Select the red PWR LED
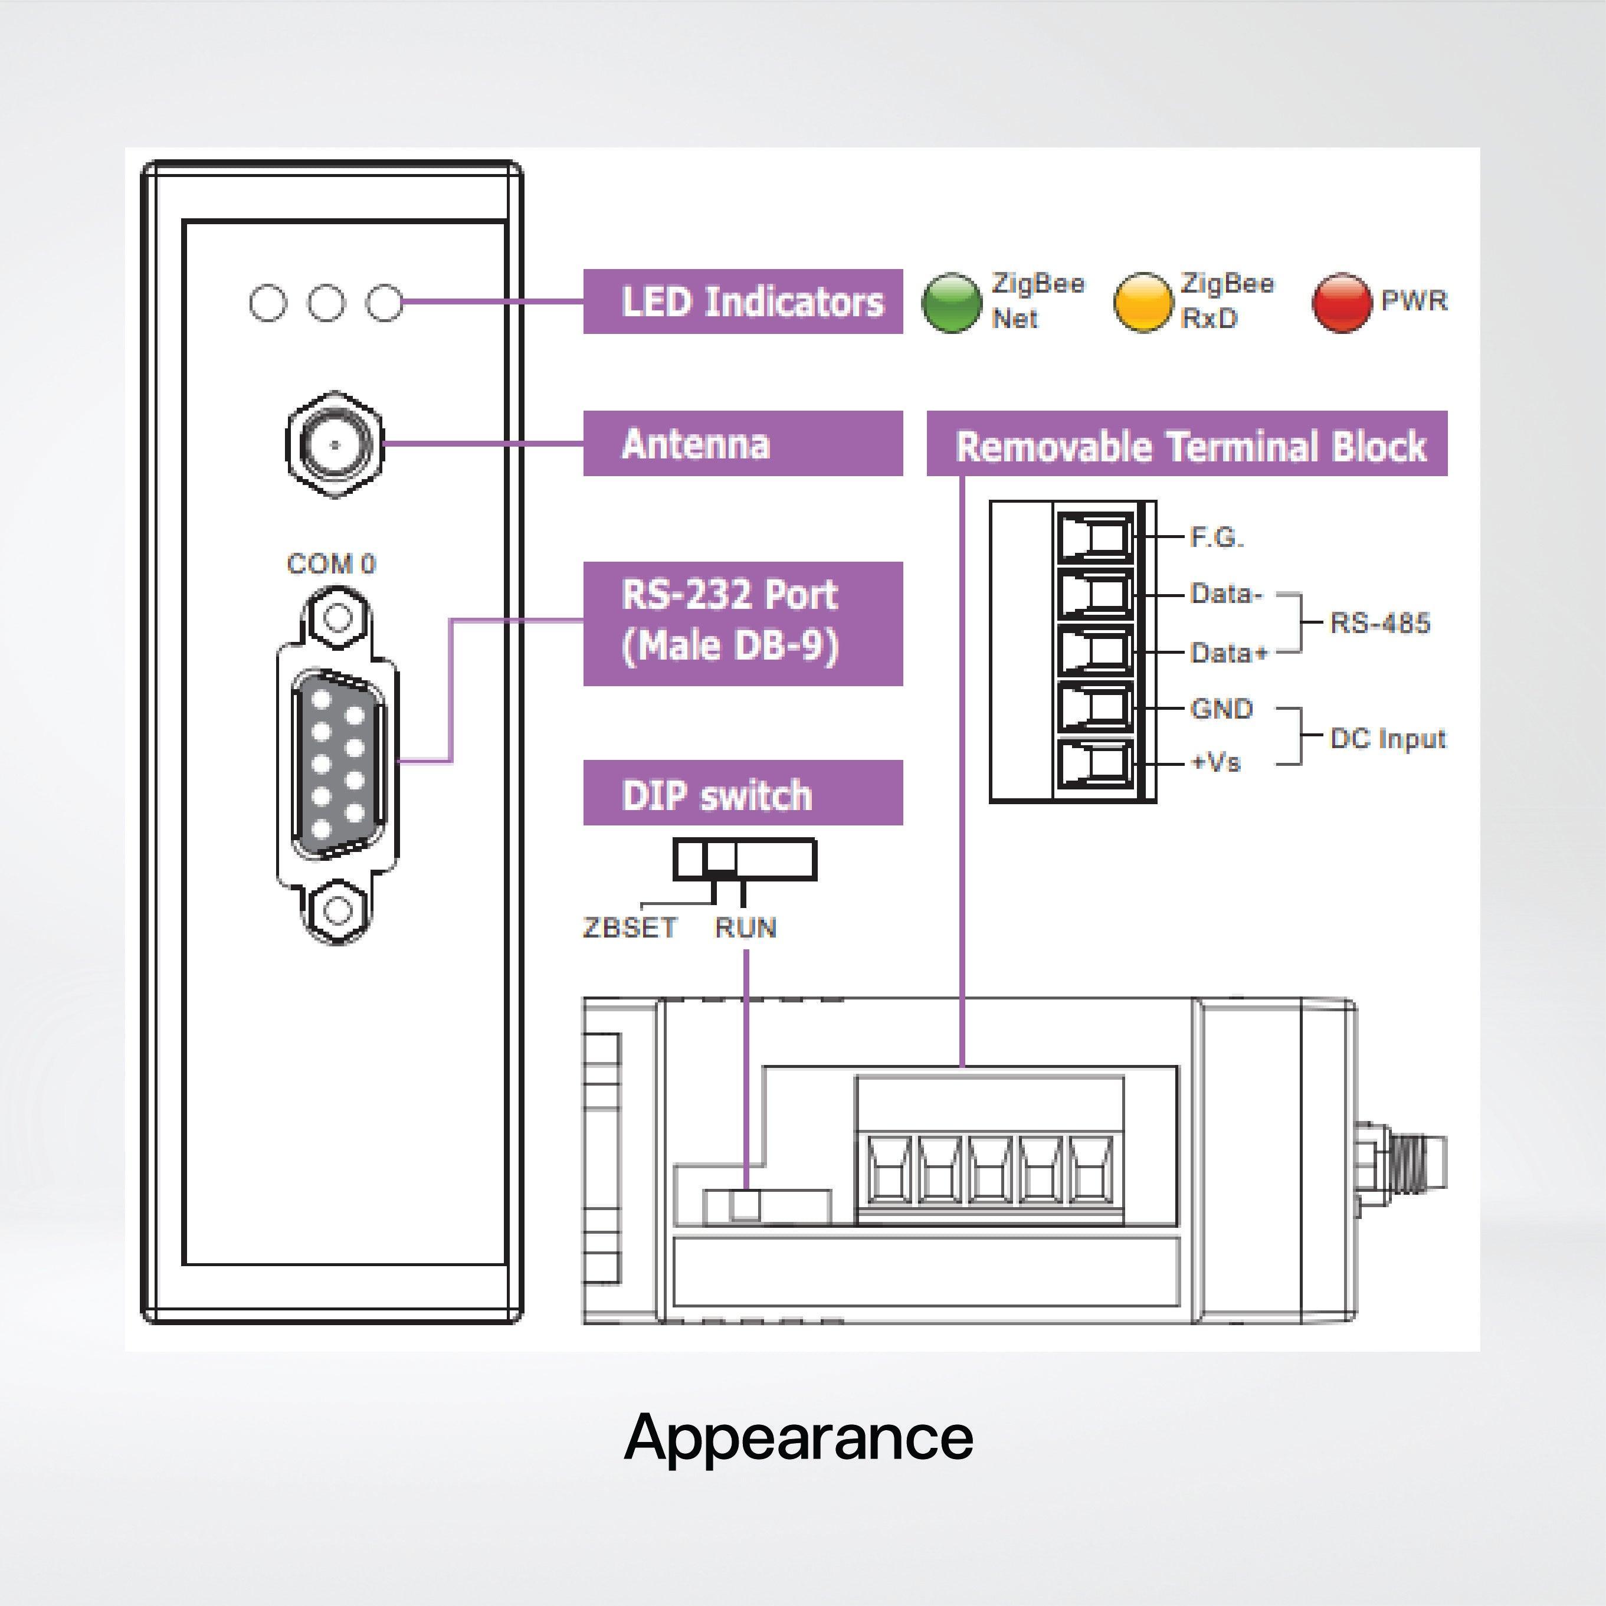1341,303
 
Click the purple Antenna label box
742,443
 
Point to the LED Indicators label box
742,301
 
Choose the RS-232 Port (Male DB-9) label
742,624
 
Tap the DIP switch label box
742,793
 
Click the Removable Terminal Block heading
1187,445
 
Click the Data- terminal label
1226,594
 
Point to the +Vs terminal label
1215,762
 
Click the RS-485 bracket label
1380,622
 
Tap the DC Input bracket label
1387,738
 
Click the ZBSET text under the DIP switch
630,927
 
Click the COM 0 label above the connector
331,563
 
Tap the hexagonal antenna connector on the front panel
335,444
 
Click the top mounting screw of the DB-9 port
337,617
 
